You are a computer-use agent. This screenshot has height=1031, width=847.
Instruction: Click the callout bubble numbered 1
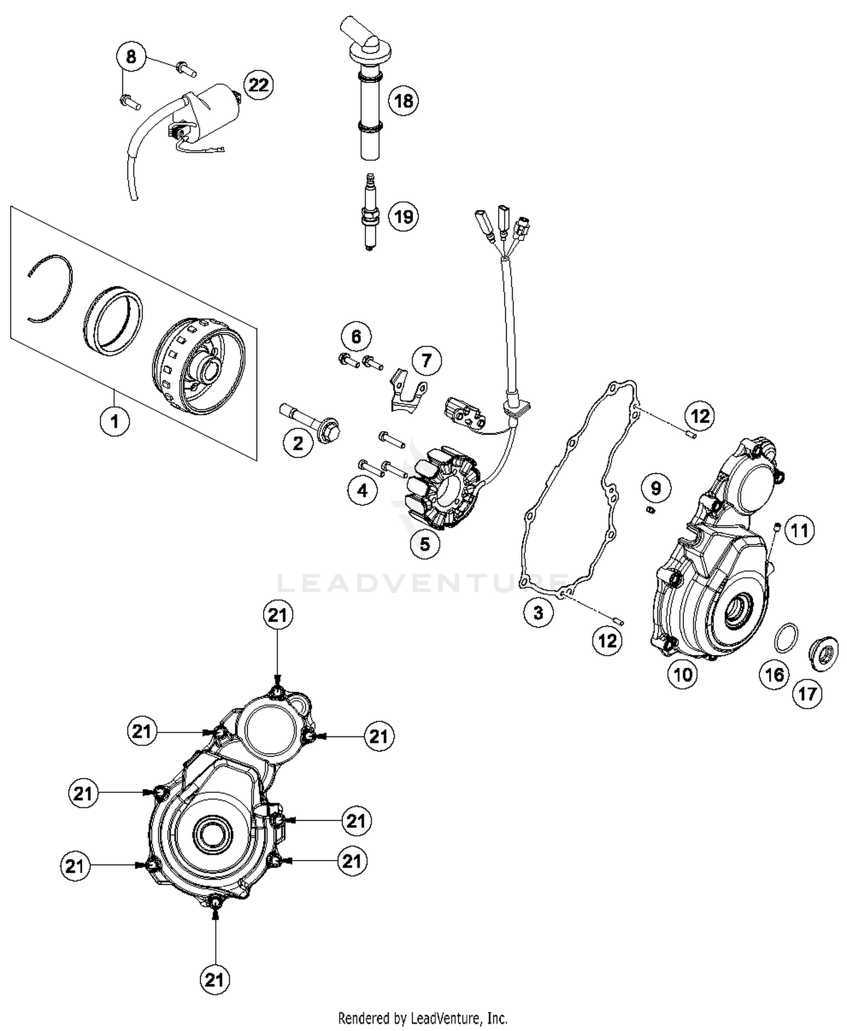(x=115, y=421)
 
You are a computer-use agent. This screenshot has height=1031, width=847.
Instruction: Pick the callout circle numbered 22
(x=259, y=85)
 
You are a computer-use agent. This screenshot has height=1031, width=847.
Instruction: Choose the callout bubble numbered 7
(x=426, y=360)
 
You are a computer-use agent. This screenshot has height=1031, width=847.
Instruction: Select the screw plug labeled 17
(x=823, y=655)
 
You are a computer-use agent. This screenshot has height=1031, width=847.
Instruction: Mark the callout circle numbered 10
(x=683, y=674)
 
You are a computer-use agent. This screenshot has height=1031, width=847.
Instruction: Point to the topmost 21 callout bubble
(x=277, y=615)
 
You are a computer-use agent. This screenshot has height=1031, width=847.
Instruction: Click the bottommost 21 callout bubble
(x=215, y=980)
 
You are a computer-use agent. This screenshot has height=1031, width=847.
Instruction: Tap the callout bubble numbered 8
(x=131, y=57)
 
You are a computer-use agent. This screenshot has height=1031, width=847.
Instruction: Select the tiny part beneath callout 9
(x=650, y=511)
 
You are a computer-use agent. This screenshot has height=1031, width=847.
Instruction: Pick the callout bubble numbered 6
(x=356, y=337)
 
